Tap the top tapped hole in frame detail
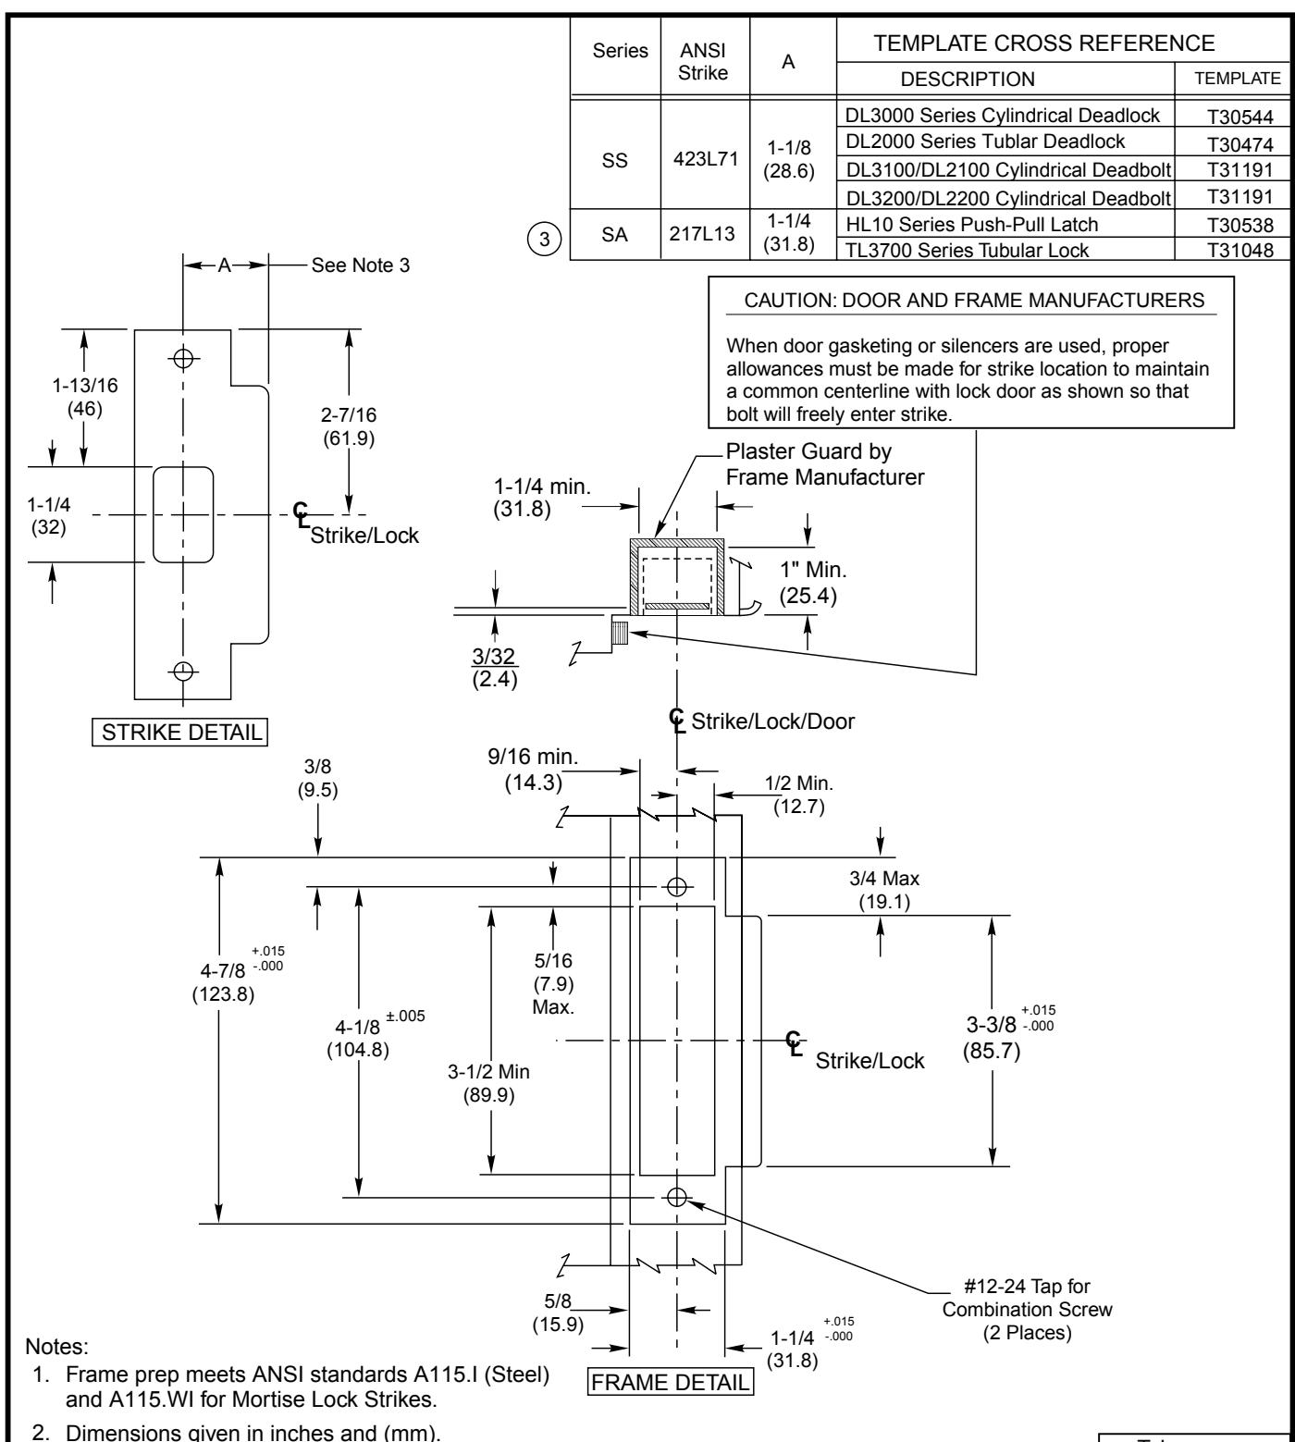(677, 886)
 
